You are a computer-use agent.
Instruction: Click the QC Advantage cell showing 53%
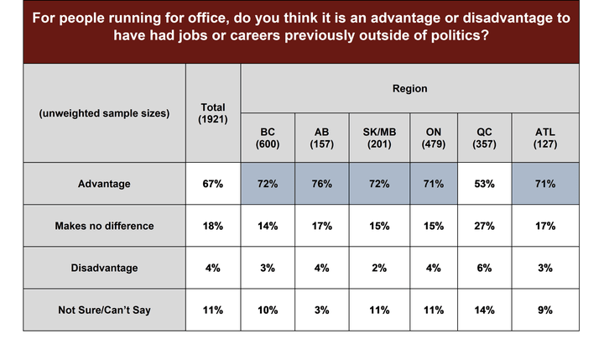[484, 184]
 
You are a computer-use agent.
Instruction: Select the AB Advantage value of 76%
[321, 184]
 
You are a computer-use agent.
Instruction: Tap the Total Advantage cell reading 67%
[212, 184]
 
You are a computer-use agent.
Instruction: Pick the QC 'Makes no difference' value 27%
[484, 226]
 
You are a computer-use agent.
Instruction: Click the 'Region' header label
[410, 89]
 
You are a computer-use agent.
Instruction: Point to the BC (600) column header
[268, 138]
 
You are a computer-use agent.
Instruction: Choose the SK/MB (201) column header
[379, 138]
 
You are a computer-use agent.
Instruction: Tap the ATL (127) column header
[545, 138]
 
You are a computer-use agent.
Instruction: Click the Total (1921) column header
[212, 113]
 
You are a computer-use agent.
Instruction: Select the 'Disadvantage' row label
[104, 268]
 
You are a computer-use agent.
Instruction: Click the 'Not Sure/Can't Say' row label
[104, 310]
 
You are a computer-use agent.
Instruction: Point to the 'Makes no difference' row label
[104, 226]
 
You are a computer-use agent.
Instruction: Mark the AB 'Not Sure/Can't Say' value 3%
[321, 310]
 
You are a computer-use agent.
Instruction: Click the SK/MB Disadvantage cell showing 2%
[379, 268]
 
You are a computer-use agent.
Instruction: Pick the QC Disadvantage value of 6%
[484, 268]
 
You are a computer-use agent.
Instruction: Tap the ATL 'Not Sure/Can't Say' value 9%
[545, 310]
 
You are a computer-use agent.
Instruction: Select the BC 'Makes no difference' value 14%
[268, 226]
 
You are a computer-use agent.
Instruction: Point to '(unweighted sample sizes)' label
[104, 113]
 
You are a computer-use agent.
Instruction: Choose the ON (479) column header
[434, 138]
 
